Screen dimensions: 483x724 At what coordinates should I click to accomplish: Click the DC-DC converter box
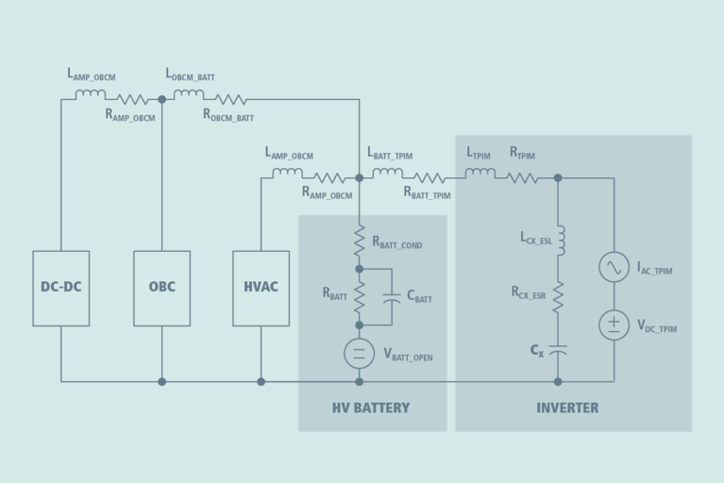tap(61, 288)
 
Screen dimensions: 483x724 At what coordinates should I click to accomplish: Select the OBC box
tap(161, 288)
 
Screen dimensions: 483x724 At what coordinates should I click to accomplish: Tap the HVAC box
tap(261, 288)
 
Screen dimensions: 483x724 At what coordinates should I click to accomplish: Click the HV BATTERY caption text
tap(371, 408)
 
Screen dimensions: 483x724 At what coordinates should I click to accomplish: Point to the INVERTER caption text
tap(567, 408)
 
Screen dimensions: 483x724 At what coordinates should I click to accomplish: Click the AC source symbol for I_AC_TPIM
tap(614, 267)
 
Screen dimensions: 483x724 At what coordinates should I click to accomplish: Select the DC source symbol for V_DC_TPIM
tap(614, 325)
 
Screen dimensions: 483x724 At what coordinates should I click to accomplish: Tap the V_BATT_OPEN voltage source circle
tap(359, 354)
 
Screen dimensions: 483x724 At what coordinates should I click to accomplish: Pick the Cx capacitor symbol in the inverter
tap(558, 349)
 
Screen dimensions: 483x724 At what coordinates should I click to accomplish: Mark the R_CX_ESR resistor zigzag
tap(558, 297)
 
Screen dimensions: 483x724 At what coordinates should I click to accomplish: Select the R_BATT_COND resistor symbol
tap(359, 241)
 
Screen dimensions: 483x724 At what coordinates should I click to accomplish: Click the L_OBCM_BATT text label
tap(197, 74)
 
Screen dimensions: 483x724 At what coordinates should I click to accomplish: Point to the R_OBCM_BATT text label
tap(228, 115)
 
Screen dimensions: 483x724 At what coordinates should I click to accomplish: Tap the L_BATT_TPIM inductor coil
tap(387, 174)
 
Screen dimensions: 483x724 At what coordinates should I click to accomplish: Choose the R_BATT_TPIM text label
tap(427, 193)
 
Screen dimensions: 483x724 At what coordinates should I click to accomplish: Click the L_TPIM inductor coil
tap(480, 174)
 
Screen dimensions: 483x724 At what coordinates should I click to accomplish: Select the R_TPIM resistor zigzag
tap(522, 177)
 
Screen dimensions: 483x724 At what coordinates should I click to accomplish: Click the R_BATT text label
tap(335, 294)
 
